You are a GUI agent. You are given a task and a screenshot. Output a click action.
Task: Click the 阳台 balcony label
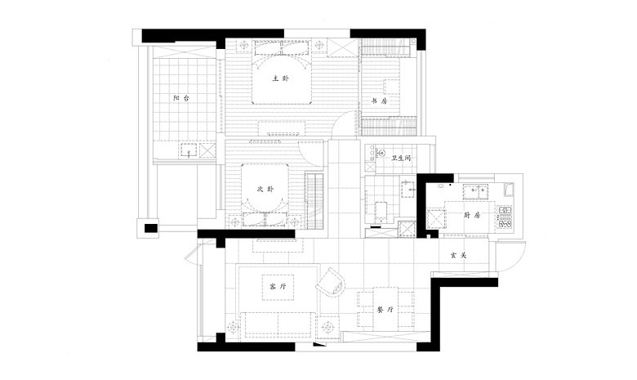pos(181,98)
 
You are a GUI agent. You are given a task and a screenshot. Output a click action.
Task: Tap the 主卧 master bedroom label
pos(281,78)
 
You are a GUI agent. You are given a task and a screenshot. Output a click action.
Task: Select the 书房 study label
pos(380,101)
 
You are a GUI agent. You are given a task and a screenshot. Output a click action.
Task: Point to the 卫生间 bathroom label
pos(401,158)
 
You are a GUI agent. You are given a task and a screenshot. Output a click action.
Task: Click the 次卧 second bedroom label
pos(265,189)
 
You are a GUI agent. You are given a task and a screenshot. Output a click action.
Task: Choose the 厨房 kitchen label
pos(472,215)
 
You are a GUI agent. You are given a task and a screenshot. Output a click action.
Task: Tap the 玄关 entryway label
pos(458,255)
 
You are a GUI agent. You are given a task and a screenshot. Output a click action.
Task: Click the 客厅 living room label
pos(278,287)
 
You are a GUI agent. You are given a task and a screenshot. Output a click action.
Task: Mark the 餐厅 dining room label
pos(385,310)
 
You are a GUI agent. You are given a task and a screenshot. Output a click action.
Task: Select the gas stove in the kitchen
pos(505,217)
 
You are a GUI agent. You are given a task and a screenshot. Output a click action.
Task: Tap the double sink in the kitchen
pos(479,190)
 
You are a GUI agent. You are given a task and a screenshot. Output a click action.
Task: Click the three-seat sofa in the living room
pos(278,324)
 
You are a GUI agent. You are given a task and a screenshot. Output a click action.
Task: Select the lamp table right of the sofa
pos(327,327)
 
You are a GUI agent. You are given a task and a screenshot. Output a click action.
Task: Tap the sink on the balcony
pos(188,150)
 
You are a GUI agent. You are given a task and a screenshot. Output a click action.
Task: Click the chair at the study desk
pos(392,87)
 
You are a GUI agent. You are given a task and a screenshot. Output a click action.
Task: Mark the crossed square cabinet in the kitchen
pos(435,221)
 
